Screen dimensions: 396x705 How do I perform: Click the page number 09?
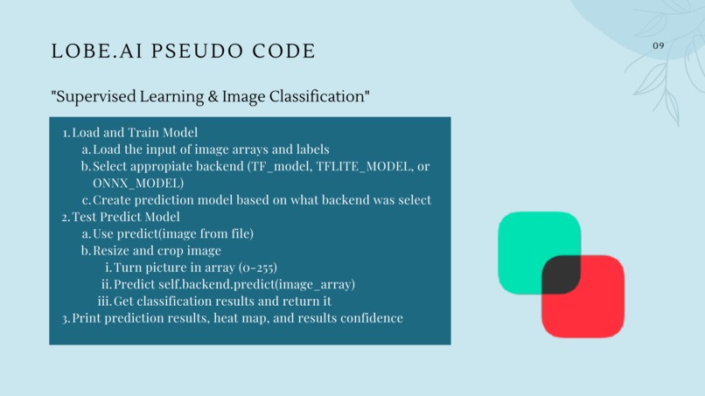(659, 45)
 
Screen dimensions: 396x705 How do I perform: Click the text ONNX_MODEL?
(138, 183)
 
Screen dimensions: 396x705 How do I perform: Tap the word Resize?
(113, 251)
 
